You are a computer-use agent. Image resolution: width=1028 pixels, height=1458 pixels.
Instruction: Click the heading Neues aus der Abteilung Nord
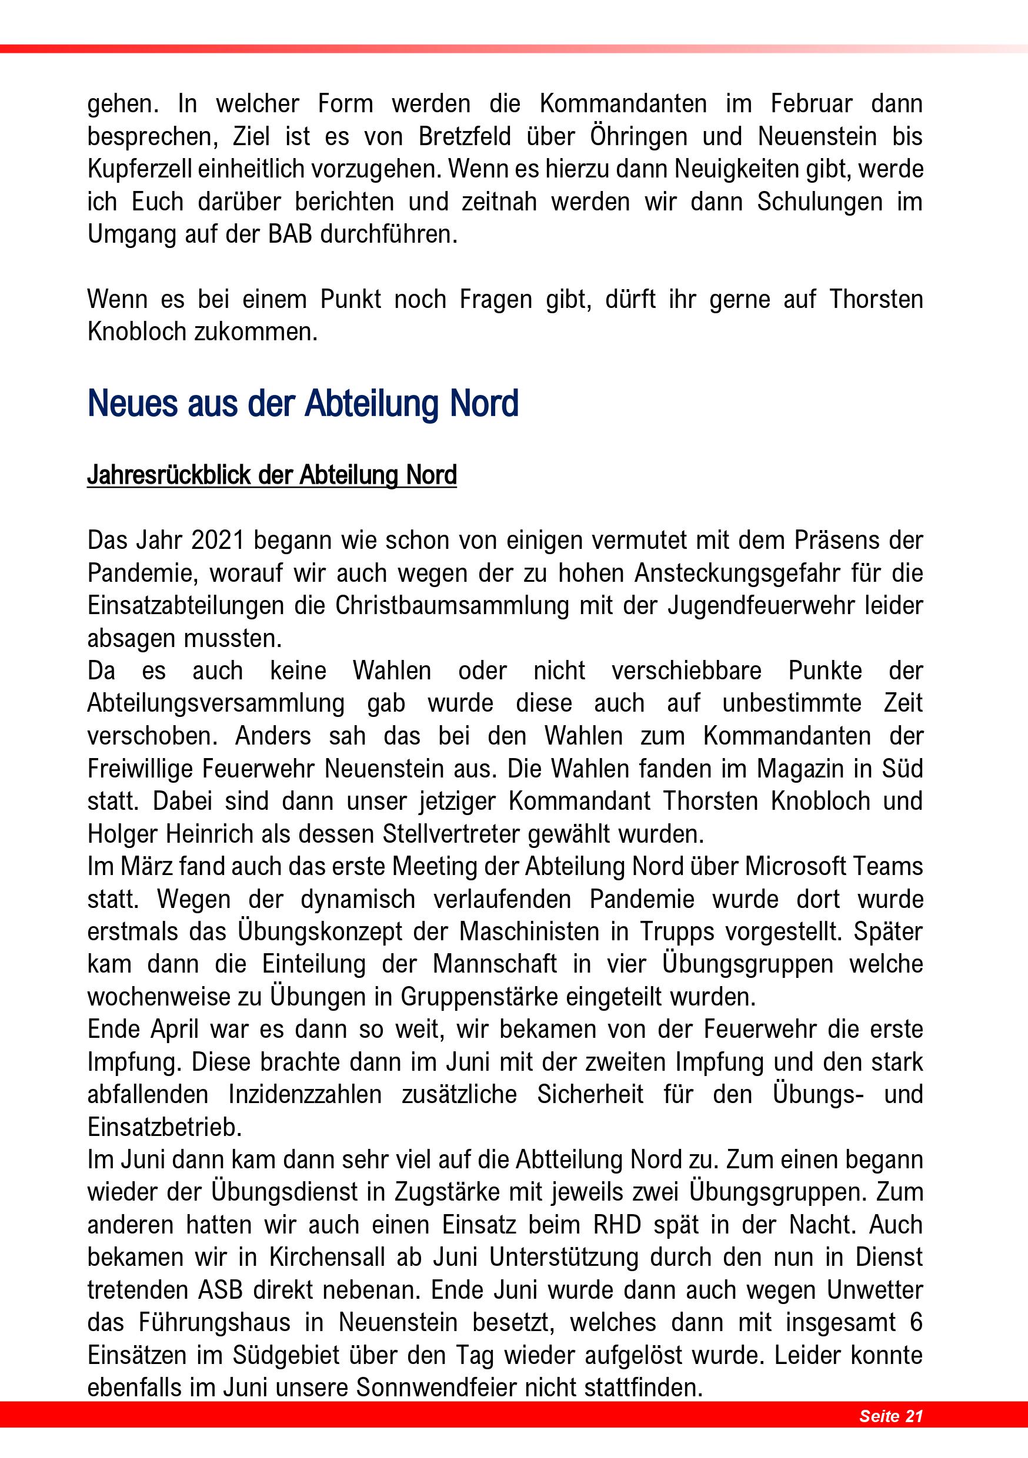(303, 404)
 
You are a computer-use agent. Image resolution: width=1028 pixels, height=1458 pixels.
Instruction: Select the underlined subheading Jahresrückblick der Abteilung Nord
(272, 475)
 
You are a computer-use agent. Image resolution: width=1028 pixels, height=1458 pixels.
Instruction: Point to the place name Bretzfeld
(465, 136)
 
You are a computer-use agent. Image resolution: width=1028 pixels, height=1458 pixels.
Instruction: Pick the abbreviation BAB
(290, 234)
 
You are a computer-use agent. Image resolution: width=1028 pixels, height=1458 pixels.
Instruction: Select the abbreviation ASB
(221, 1290)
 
